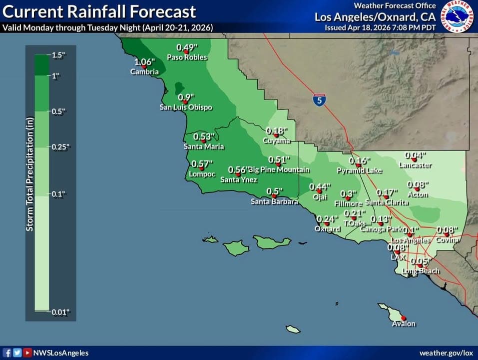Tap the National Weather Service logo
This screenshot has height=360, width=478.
pos(459,16)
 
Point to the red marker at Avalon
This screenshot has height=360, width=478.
pos(404,318)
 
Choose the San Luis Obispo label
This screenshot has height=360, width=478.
pos(186,107)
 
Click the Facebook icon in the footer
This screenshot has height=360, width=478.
pos(8,352)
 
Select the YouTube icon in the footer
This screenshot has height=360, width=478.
pos(28,352)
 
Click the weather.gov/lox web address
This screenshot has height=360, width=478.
pos(446,353)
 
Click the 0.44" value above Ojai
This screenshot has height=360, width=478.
pos(320,187)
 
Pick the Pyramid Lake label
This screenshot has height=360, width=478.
pos(359,170)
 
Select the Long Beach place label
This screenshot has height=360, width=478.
pos(421,271)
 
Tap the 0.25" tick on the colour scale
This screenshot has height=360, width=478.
pos(61,147)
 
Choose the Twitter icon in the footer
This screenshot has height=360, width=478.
pos(17,352)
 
